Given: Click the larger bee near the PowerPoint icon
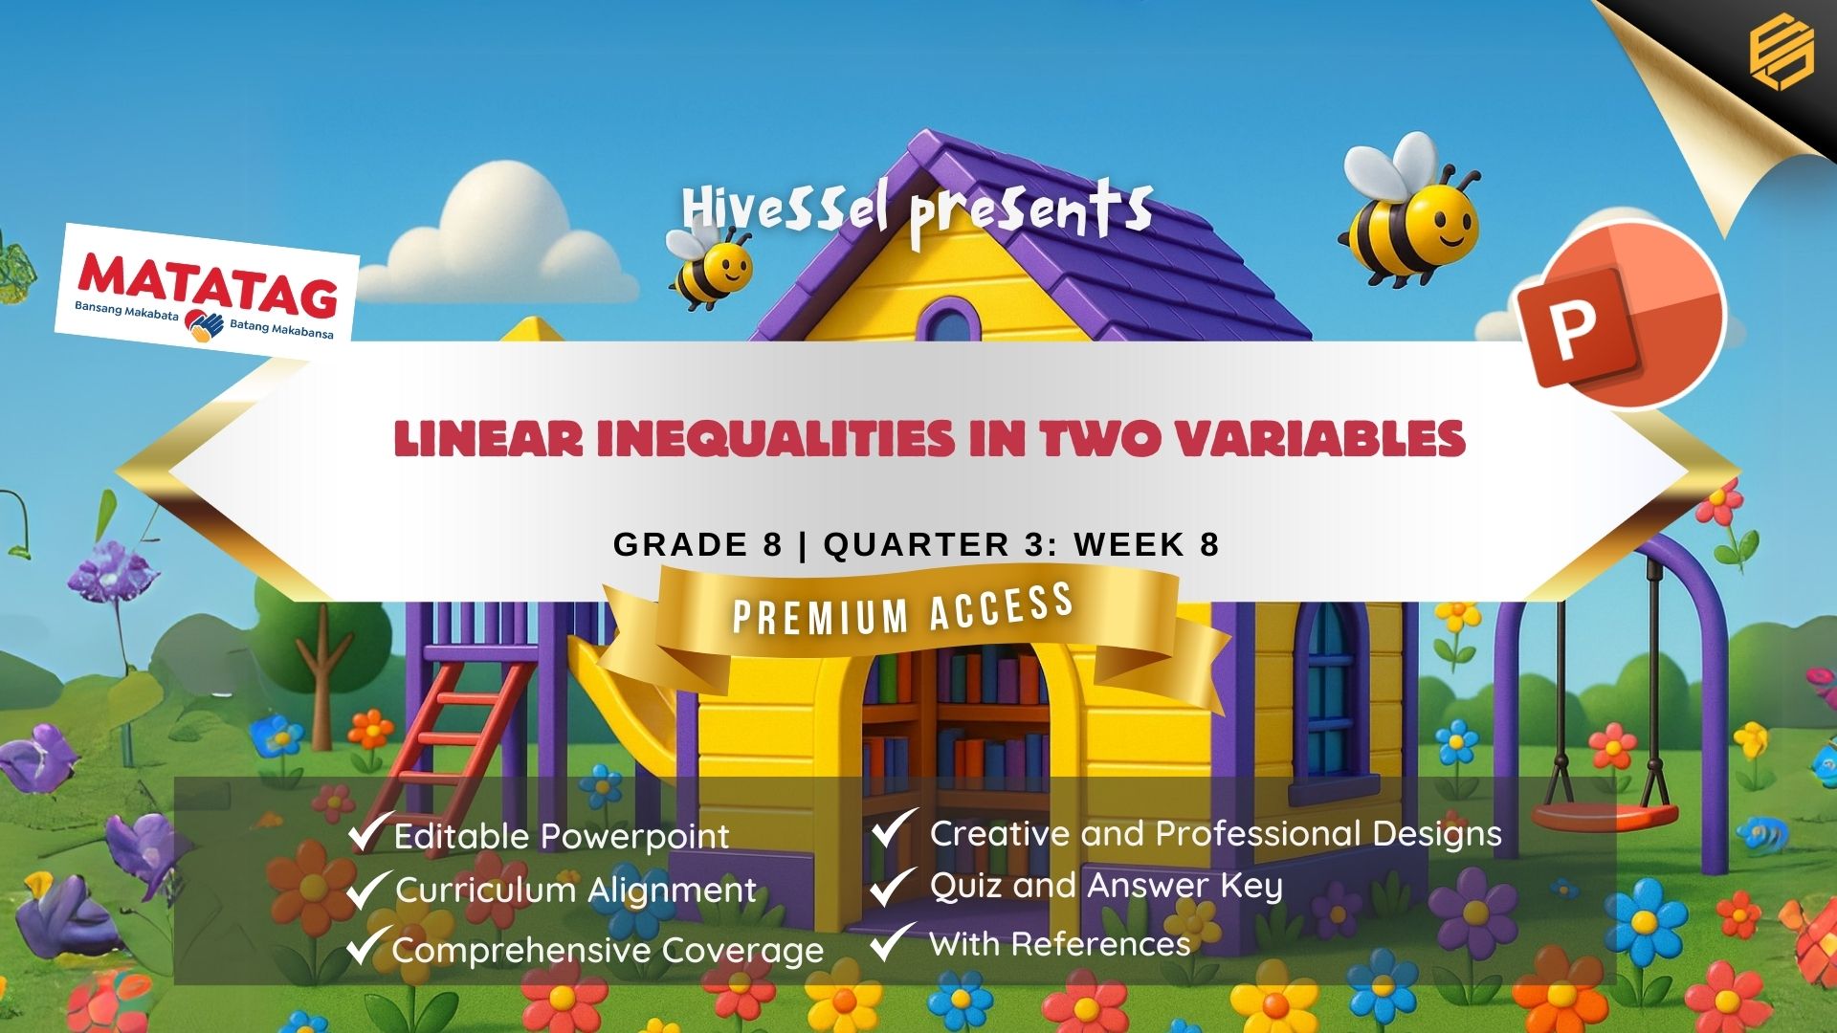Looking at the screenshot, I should coord(1408,216).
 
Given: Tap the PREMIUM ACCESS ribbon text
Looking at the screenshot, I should coord(902,611).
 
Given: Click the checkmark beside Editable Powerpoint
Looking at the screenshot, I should coord(368,831).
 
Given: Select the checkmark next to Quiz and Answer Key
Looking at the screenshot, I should coord(892,885).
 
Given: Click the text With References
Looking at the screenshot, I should coord(1059,944).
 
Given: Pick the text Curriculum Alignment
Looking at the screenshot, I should coord(575,890).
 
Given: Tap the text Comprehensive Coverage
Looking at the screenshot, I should coord(608,950).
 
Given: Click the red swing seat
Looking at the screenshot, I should coord(1605,817).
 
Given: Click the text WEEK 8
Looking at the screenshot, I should coord(1146,544).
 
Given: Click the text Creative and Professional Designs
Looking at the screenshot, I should coord(1215,833).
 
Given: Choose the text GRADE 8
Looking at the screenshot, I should coord(697,544).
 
